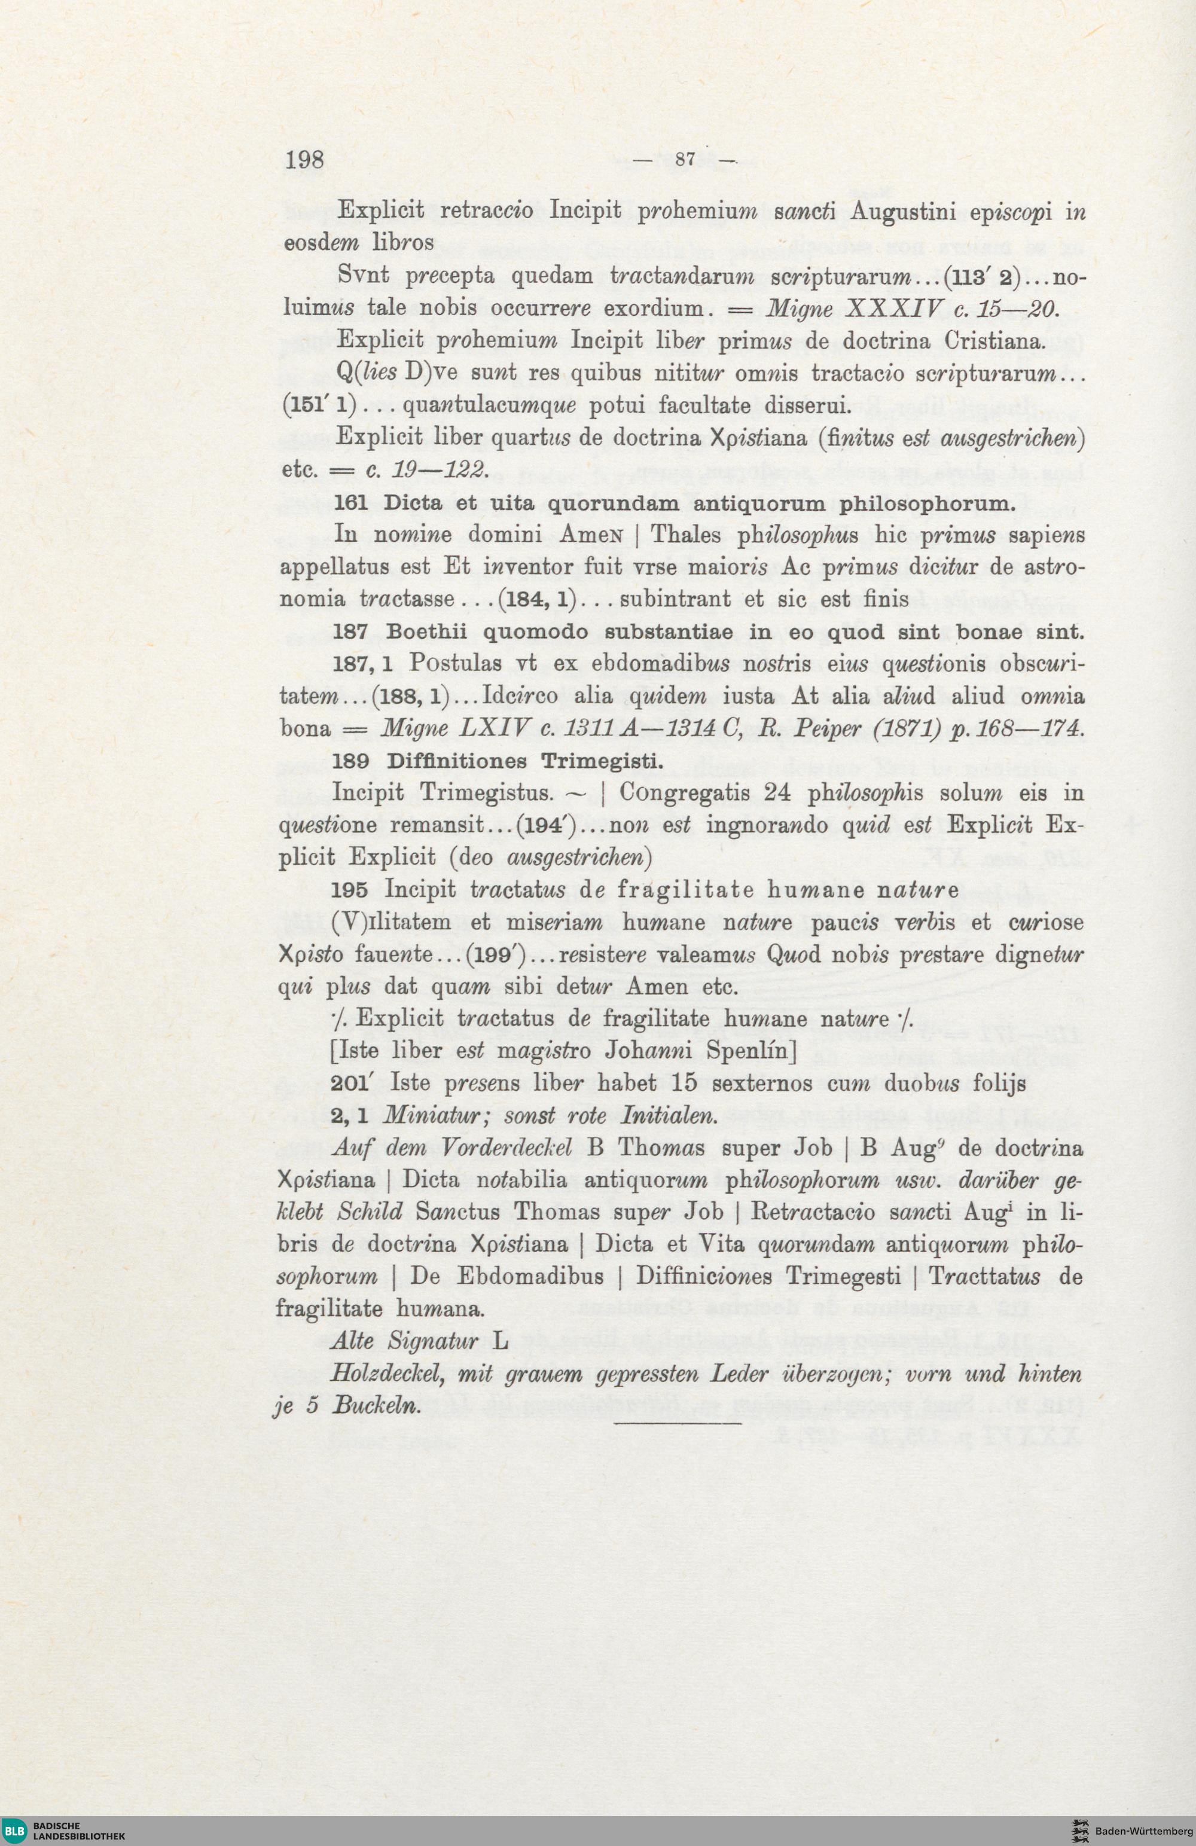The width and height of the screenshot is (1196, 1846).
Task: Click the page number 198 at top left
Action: [304, 160]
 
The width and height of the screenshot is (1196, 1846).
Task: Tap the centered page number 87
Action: [684, 160]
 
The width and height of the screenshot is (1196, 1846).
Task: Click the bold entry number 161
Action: [347, 504]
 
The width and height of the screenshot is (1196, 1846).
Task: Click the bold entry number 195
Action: [347, 890]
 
